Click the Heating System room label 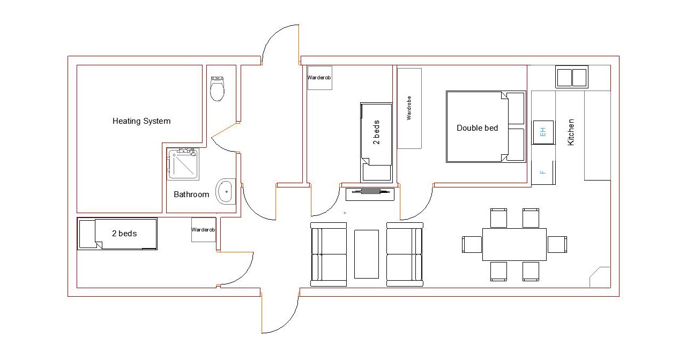point(141,121)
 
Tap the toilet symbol point(217,88)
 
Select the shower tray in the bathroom point(183,164)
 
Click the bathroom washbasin point(226,192)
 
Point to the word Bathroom point(191,194)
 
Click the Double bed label point(477,128)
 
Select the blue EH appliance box point(543,132)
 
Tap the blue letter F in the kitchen point(543,172)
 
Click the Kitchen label point(571,132)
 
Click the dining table point(514,245)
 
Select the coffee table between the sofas point(367,254)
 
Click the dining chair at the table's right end point(557,245)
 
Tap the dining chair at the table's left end point(472,245)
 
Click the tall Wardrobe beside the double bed point(409,108)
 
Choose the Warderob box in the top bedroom point(320,78)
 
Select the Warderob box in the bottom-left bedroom point(204,230)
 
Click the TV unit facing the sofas point(370,194)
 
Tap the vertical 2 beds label point(376,132)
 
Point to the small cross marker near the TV point(345,213)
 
